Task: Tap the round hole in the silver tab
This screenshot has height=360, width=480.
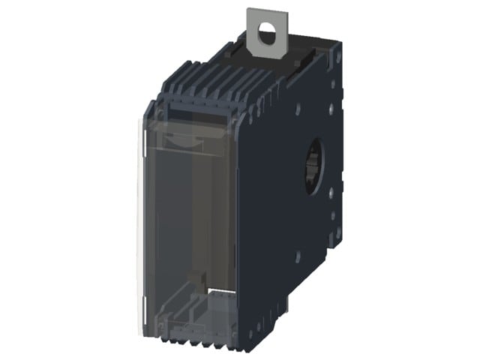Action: (266, 31)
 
